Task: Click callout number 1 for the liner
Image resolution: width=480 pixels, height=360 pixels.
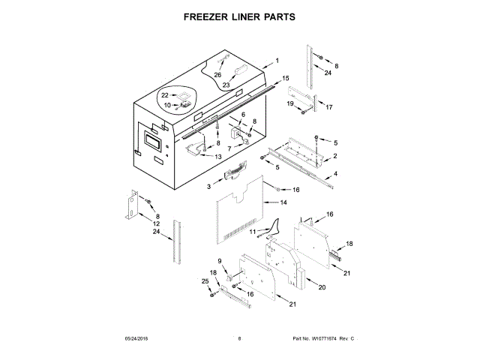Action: click(276, 60)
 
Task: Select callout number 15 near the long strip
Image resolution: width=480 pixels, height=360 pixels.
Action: click(286, 77)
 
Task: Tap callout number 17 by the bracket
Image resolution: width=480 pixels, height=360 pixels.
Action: click(328, 107)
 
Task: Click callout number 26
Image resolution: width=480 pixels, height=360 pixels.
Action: click(218, 75)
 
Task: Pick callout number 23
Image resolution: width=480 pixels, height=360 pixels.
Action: click(225, 85)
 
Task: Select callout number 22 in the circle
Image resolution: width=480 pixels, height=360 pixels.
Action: click(166, 94)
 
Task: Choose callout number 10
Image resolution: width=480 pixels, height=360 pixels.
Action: click(167, 105)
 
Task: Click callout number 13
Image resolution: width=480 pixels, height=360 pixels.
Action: click(218, 157)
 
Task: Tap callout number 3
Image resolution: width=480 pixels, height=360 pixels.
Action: click(209, 184)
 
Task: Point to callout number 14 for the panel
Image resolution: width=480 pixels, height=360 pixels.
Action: click(283, 202)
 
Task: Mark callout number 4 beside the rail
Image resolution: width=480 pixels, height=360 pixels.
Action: click(335, 174)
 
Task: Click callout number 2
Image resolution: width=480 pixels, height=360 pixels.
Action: click(334, 155)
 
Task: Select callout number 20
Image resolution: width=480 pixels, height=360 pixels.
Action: click(322, 287)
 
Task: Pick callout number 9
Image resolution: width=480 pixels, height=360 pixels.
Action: click(220, 261)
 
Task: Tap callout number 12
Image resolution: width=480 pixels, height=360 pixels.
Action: click(157, 224)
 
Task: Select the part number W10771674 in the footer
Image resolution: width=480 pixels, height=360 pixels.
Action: click(328, 339)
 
